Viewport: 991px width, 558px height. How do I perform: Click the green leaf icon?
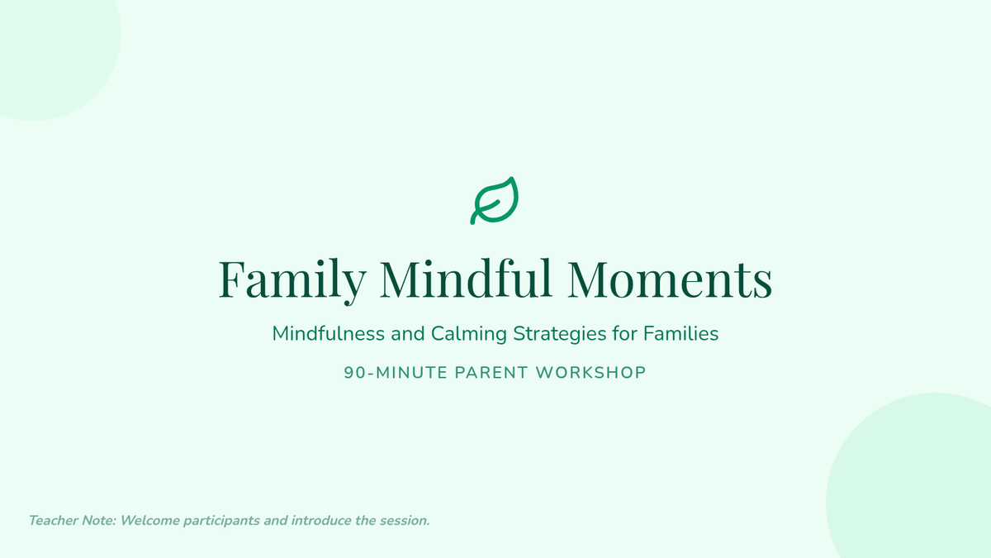click(x=494, y=201)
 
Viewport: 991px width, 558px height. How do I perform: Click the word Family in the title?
click(x=292, y=280)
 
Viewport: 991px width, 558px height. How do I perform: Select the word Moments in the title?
click(x=670, y=279)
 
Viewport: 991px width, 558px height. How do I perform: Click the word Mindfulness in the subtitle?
click(x=329, y=333)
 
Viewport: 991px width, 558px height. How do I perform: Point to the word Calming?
click(x=469, y=334)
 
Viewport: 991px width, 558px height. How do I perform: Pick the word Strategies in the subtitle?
click(x=560, y=334)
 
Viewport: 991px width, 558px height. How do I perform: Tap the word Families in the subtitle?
click(x=680, y=333)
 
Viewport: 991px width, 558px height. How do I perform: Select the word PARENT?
click(x=491, y=373)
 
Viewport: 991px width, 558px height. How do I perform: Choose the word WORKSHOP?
click(x=591, y=373)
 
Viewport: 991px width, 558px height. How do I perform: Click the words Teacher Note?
click(x=72, y=520)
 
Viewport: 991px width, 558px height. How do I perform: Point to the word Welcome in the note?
click(x=150, y=520)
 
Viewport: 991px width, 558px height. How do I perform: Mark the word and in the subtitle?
click(x=408, y=333)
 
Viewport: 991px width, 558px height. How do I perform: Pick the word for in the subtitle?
click(x=624, y=333)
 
